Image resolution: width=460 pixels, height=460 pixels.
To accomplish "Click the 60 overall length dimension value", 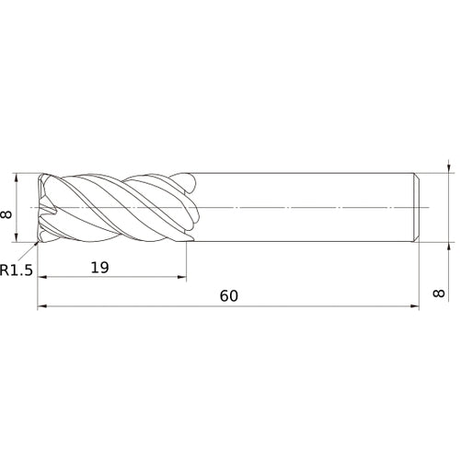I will [x=229, y=296].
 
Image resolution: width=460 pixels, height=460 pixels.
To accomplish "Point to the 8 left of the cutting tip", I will [x=8, y=214].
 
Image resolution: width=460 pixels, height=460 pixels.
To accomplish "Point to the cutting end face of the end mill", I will [x=40, y=208].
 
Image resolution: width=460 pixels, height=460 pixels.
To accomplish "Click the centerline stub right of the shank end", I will [x=429, y=208].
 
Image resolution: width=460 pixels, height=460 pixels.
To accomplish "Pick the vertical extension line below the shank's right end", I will [x=420, y=276].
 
